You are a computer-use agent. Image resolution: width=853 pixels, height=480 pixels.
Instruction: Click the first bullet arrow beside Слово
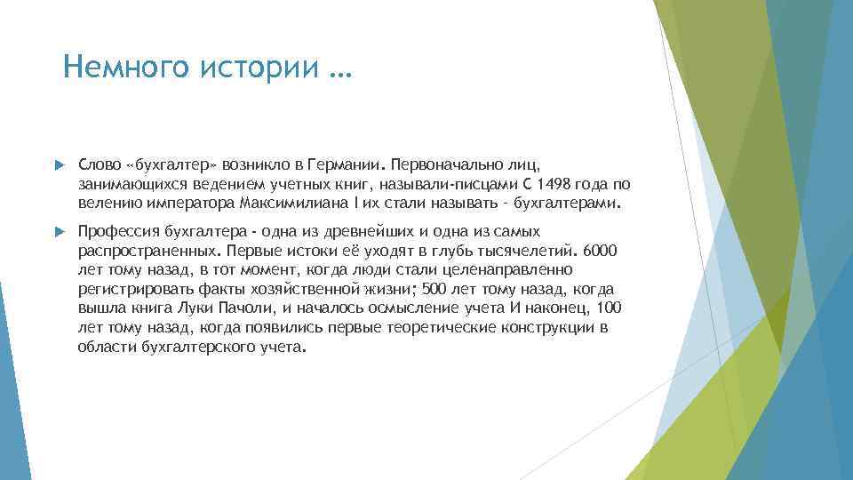[x=59, y=165]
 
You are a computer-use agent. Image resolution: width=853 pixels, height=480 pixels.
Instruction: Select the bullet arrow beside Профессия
[x=59, y=231]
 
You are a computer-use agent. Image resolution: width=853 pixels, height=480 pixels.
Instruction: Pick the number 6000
[x=606, y=250]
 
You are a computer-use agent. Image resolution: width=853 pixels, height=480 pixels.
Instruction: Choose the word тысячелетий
[x=524, y=250]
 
